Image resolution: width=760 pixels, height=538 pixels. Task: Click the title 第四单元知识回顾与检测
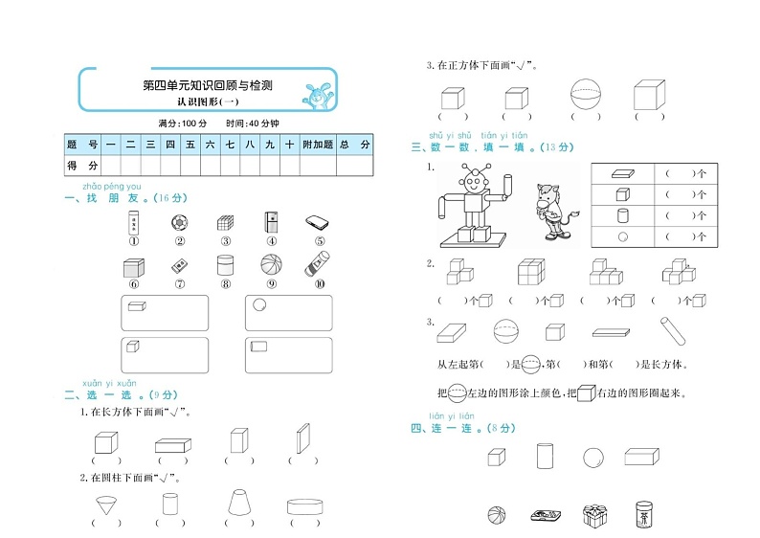click(208, 85)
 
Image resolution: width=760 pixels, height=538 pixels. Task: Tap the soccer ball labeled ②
click(178, 222)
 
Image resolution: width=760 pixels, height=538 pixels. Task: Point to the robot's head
click(473, 177)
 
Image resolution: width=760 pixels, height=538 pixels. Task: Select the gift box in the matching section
click(595, 516)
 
